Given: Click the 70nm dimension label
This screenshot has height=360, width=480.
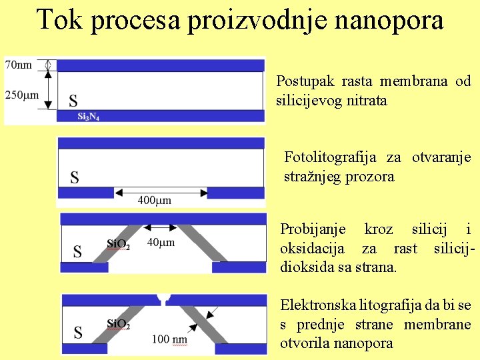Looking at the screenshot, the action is point(19,65).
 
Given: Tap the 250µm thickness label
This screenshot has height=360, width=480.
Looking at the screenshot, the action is point(22,95).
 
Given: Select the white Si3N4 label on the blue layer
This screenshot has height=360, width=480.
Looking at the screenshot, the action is point(88,116).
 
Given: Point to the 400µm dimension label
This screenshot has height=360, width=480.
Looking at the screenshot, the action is point(155,200).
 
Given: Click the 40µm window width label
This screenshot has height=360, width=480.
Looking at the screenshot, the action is point(161,243).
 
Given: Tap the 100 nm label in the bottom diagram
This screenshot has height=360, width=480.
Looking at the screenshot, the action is point(169,339).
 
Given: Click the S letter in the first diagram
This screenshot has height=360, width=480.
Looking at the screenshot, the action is point(73,101).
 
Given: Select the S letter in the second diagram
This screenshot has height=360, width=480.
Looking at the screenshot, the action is point(75,177).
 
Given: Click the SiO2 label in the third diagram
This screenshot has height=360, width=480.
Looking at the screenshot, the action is point(119,244).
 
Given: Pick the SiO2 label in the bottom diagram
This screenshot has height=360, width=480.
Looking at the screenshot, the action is point(119,325).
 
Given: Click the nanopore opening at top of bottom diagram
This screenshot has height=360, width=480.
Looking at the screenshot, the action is point(163,298).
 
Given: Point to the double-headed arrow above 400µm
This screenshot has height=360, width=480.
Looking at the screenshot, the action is point(161,192).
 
